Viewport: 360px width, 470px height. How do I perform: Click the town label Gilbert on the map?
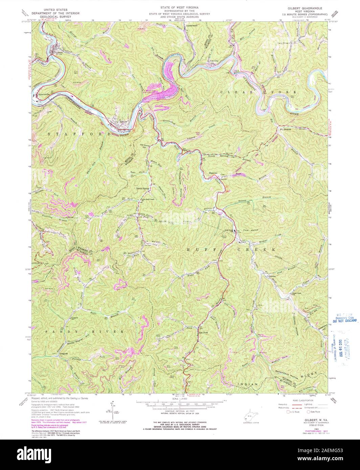click(x=60, y=53)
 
